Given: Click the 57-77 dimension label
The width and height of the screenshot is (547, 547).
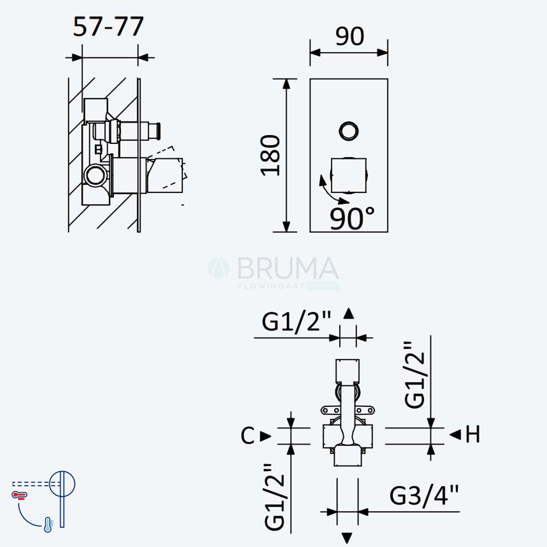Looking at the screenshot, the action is pyautogui.click(x=108, y=26).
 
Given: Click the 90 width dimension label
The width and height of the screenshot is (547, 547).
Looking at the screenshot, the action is pyautogui.click(x=350, y=36).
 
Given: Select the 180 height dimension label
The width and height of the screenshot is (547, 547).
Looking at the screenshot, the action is pyautogui.click(x=270, y=155).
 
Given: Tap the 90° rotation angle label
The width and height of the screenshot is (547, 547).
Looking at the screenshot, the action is pyautogui.click(x=352, y=218).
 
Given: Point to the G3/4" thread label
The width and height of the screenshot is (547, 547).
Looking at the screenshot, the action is pyautogui.click(x=424, y=495).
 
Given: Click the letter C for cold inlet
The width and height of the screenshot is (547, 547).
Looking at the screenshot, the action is pyautogui.click(x=248, y=436).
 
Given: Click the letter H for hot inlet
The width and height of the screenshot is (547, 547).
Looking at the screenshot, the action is pyautogui.click(x=473, y=434).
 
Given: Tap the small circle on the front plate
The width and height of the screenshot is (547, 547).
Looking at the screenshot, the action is pyautogui.click(x=349, y=131).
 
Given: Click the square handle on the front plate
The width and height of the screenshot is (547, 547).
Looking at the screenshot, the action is pyautogui.click(x=349, y=176).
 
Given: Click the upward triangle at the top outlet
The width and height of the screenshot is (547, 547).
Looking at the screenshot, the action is pyautogui.click(x=348, y=313).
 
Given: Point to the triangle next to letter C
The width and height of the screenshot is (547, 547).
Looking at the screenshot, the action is pyautogui.click(x=265, y=436).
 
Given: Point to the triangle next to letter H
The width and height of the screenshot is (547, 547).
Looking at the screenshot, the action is pyautogui.click(x=455, y=435).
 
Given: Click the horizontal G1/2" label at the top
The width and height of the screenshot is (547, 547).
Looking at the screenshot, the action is pyautogui.click(x=296, y=322).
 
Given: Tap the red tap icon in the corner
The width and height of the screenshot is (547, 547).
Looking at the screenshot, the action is pyautogui.click(x=20, y=496).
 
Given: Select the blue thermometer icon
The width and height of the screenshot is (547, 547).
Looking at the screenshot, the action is pyautogui.click(x=48, y=525).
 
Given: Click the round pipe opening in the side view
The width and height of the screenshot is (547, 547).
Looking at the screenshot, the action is pyautogui.click(x=95, y=176).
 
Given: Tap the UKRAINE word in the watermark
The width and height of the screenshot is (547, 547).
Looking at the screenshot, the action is pyautogui.click(x=323, y=286).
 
